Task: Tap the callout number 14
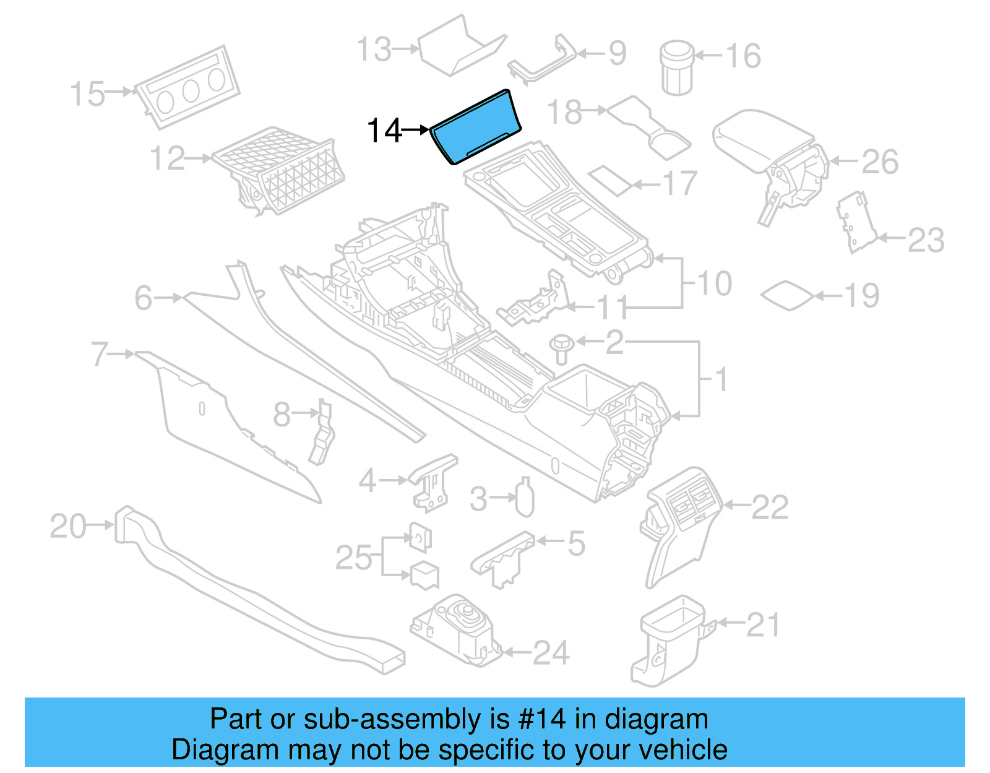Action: (x=384, y=131)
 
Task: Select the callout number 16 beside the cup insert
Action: (x=742, y=56)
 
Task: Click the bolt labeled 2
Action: (x=562, y=349)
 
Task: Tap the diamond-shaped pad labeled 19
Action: (x=787, y=296)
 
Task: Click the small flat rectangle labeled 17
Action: (x=609, y=179)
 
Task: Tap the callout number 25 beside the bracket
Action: (x=353, y=558)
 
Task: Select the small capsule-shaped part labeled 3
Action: (x=525, y=499)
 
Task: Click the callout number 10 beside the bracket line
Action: (x=715, y=283)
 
